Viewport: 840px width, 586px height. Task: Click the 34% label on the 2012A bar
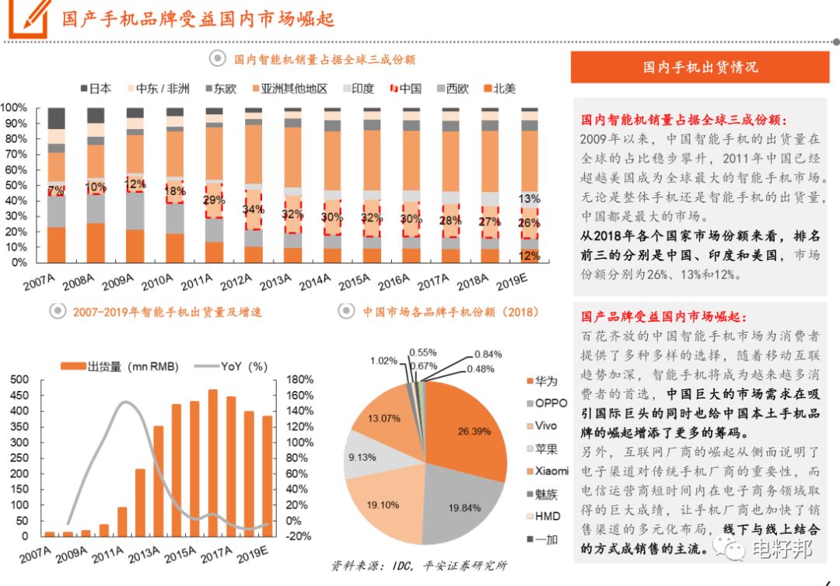(x=253, y=210)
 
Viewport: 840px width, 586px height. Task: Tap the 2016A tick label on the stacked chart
(x=395, y=281)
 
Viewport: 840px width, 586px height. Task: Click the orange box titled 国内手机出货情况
(x=699, y=67)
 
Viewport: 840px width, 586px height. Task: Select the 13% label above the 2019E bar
(x=529, y=198)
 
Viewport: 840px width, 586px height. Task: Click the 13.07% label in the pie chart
(x=384, y=418)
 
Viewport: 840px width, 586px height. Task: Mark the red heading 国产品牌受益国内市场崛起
(x=663, y=317)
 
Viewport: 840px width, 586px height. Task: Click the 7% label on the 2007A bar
(x=56, y=191)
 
